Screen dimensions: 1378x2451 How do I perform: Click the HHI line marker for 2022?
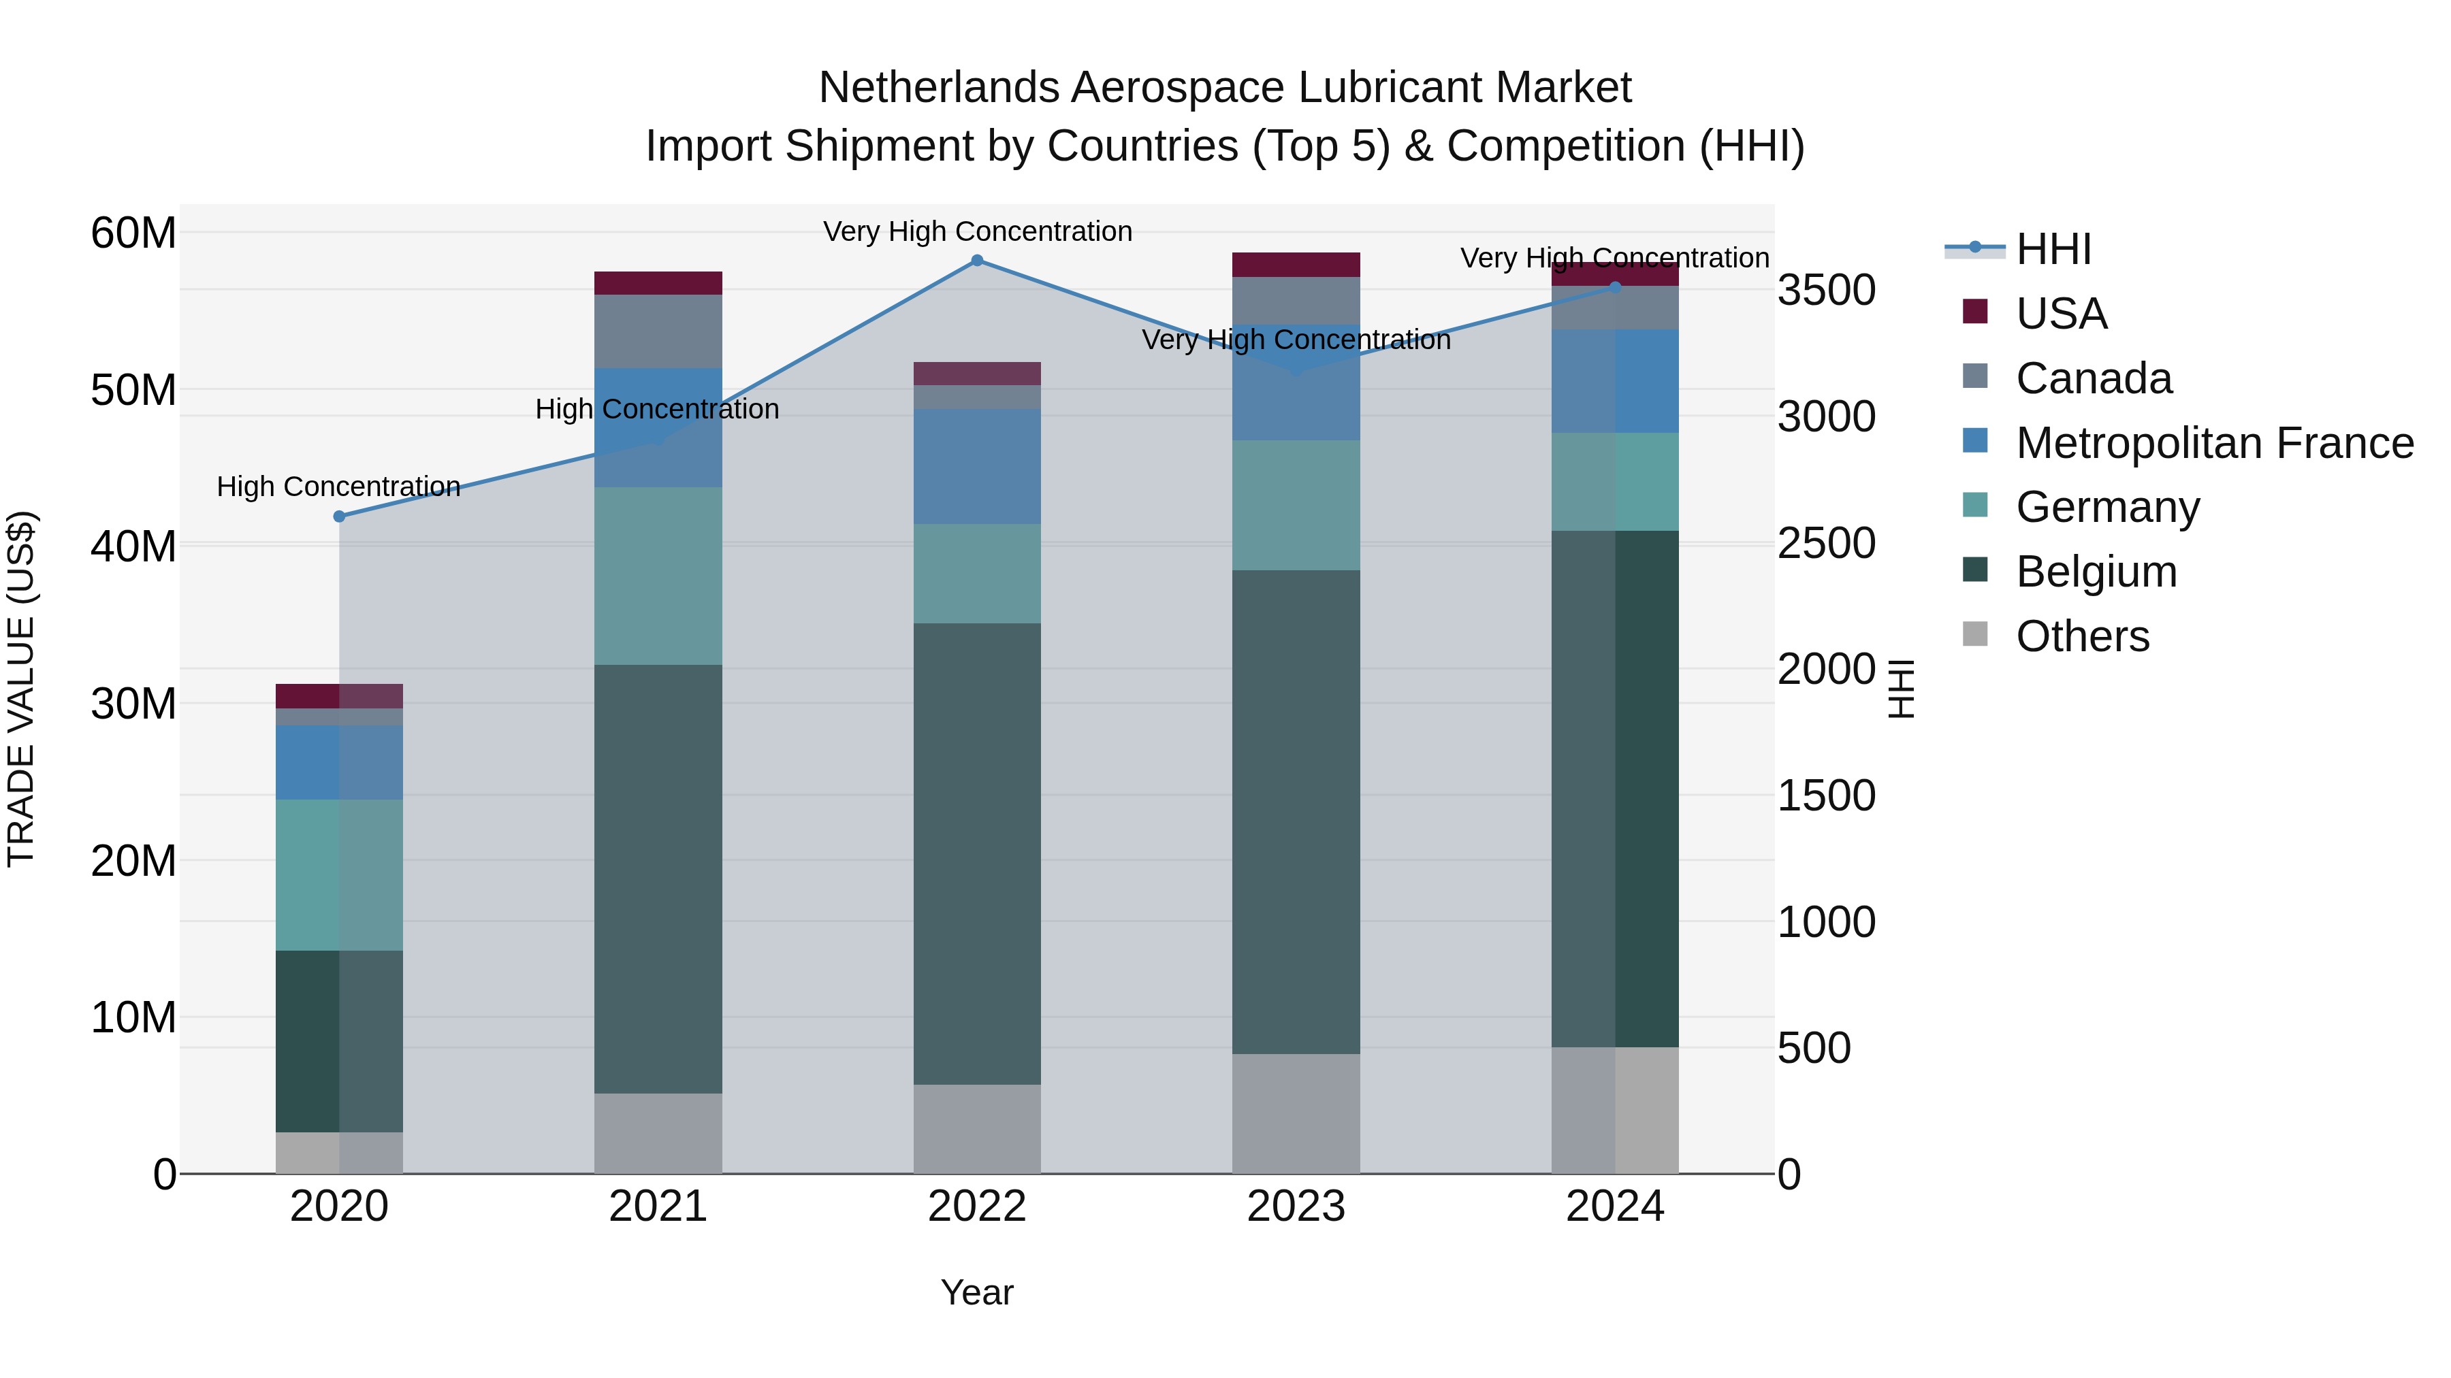[976, 261]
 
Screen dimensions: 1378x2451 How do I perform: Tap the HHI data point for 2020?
[340, 516]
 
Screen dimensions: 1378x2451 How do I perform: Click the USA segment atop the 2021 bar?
[658, 283]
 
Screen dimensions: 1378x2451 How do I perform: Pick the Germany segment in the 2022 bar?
[976, 574]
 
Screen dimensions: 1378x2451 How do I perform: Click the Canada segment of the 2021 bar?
[658, 331]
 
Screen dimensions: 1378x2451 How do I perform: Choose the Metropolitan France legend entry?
[2214, 443]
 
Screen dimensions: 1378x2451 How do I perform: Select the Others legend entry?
[2082, 636]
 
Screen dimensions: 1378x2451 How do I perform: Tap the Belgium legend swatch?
[1975, 571]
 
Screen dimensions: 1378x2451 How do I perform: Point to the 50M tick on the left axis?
[133, 391]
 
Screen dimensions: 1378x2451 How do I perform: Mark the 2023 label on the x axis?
[1296, 1207]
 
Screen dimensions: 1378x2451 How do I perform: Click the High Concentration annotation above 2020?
[339, 487]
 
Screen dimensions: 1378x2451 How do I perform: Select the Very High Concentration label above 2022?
[977, 232]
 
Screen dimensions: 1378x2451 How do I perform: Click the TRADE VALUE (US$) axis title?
[21, 689]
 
